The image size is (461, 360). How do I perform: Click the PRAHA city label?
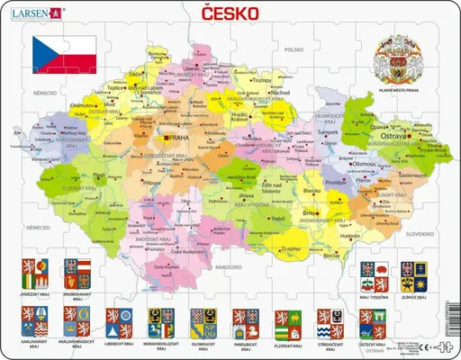pyautogui.click(x=175, y=137)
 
